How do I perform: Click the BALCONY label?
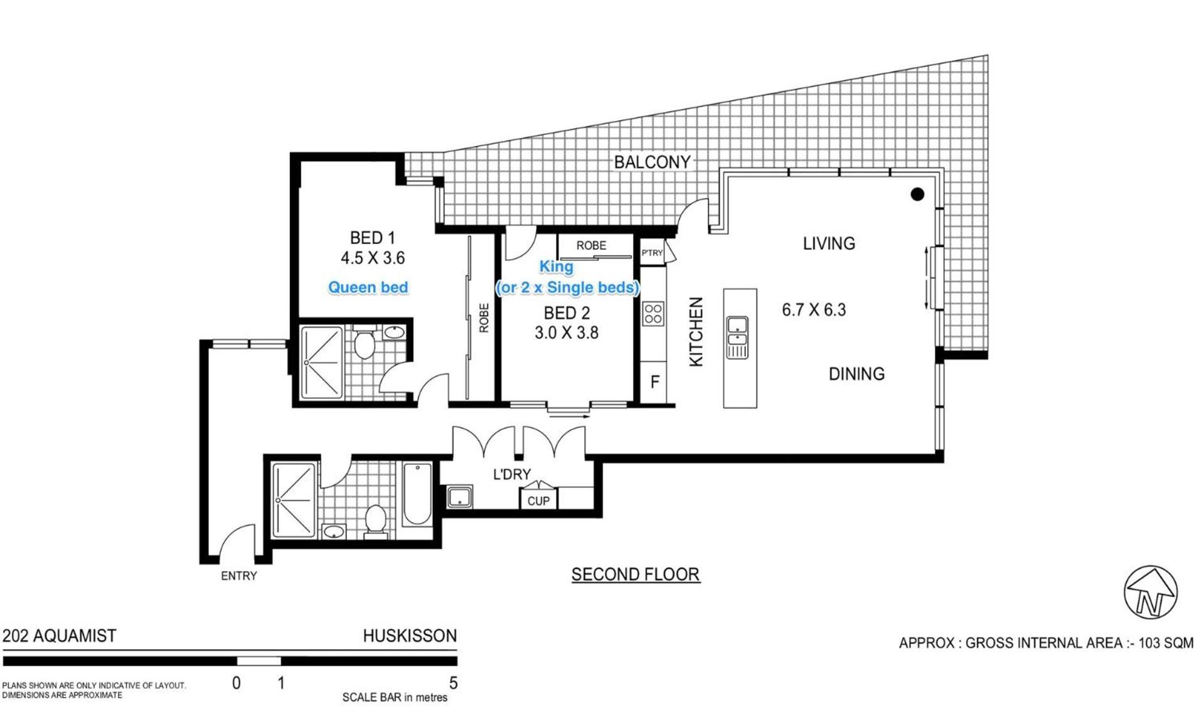pyautogui.click(x=652, y=162)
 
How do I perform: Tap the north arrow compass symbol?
pyautogui.click(x=1150, y=592)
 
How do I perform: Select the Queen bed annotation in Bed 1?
pyautogui.click(x=368, y=287)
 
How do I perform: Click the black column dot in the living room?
pyautogui.click(x=917, y=194)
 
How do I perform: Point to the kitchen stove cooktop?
pyautogui.click(x=653, y=313)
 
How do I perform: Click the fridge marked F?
pyautogui.click(x=654, y=382)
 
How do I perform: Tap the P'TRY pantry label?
pyautogui.click(x=652, y=253)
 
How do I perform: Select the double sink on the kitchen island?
pyautogui.click(x=737, y=337)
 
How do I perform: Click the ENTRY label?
pyautogui.click(x=238, y=576)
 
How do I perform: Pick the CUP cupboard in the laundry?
pyautogui.click(x=538, y=500)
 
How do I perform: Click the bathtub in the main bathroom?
pyautogui.click(x=417, y=494)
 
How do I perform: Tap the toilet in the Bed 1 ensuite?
pyautogui.click(x=364, y=343)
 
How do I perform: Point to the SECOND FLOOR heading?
pyautogui.click(x=636, y=575)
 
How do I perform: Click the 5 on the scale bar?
pyautogui.click(x=453, y=682)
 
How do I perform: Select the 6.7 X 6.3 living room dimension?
pyautogui.click(x=814, y=310)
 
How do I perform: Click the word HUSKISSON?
pyautogui.click(x=410, y=636)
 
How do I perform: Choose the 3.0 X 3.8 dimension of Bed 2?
pyautogui.click(x=567, y=333)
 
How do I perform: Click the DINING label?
pyautogui.click(x=856, y=374)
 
